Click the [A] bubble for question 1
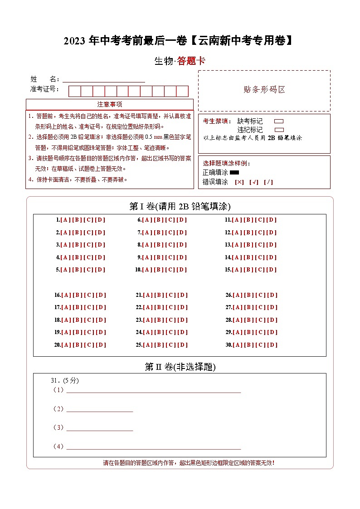click(x=66, y=220)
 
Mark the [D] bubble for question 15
click(x=271, y=270)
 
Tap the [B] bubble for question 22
click(x=159, y=307)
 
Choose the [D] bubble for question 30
click(x=272, y=345)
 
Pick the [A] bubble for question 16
click(x=66, y=295)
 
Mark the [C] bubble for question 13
click(x=260, y=245)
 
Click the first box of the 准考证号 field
click(x=74, y=91)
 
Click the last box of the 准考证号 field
click(x=182, y=91)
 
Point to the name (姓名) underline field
click(x=104, y=79)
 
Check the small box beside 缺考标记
click(x=279, y=121)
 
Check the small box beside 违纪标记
click(x=279, y=130)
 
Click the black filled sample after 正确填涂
click(x=234, y=173)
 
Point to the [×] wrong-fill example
click(x=239, y=182)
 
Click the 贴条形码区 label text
click(x=264, y=89)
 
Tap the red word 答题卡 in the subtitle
click(x=191, y=61)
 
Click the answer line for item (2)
click(x=100, y=410)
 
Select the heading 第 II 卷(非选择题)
click(x=180, y=367)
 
